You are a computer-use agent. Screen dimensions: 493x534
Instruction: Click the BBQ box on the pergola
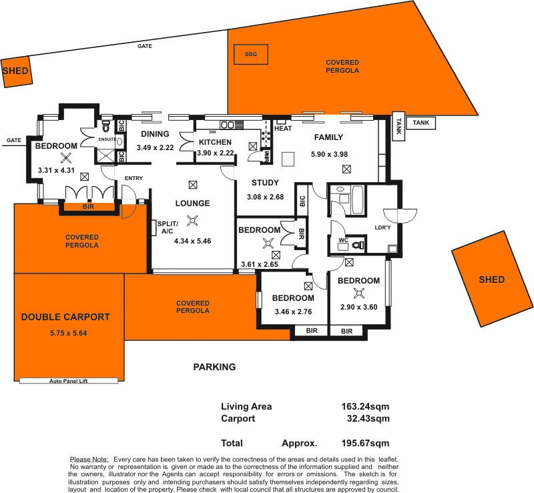(x=250, y=54)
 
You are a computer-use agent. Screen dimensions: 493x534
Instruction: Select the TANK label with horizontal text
(x=421, y=123)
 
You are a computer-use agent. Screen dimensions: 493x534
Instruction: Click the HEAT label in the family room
(x=283, y=128)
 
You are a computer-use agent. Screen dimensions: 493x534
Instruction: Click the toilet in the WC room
(x=358, y=245)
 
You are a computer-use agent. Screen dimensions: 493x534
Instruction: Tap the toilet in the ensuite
(x=105, y=127)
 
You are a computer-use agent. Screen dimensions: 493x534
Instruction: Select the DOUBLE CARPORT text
(x=65, y=317)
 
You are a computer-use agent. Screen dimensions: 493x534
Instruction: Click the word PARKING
(x=214, y=367)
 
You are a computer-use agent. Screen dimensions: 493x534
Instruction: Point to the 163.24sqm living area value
(x=365, y=406)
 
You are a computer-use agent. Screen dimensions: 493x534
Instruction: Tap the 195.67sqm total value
(x=365, y=443)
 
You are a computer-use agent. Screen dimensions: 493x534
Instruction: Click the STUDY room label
(x=265, y=183)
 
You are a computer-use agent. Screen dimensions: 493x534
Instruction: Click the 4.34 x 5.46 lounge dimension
(x=192, y=241)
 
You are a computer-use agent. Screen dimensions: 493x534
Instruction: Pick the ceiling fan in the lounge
(x=193, y=222)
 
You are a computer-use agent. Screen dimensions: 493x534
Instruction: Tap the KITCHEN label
(x=216, y=142)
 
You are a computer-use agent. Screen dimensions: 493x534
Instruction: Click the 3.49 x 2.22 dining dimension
(x=155, y=147)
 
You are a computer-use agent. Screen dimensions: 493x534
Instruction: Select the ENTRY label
(x=133, y=177)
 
